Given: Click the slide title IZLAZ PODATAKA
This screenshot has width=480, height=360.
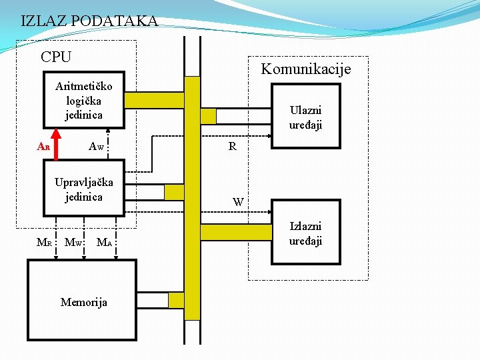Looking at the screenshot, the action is coord(89,21).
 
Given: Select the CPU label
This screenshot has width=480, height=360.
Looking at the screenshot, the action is coord(56,57).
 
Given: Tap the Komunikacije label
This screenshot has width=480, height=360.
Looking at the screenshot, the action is coord(305,69).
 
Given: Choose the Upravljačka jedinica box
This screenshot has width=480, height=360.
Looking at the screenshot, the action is coord(84,188).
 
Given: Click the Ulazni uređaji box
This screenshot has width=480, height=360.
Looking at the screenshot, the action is coord(305,117).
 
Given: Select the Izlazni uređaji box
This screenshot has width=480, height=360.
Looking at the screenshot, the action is coord(305,233).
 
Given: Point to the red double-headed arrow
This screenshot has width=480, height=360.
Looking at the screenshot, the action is coord(56,144).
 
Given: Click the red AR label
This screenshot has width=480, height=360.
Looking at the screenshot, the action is coord(43,146).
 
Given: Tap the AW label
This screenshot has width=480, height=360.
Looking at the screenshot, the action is coord(97,146).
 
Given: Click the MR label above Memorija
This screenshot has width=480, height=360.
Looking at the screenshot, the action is coord(43,241).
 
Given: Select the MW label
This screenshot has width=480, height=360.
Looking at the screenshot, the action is coord(73,241).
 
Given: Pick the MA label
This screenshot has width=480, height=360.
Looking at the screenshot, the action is coord(103,241).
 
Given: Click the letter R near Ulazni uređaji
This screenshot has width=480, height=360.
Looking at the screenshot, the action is coord(232,146).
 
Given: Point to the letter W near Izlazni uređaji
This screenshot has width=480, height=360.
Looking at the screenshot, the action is coord(238,201).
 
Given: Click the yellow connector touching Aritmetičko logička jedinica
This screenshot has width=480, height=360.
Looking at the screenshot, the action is coord(154,100).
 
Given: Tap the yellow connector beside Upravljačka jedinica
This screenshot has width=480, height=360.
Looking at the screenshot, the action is coord(173,192).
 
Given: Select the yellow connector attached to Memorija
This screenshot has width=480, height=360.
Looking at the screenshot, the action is coord(175,300).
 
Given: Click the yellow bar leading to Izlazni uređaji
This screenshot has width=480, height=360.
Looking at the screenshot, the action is coord(236,232).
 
